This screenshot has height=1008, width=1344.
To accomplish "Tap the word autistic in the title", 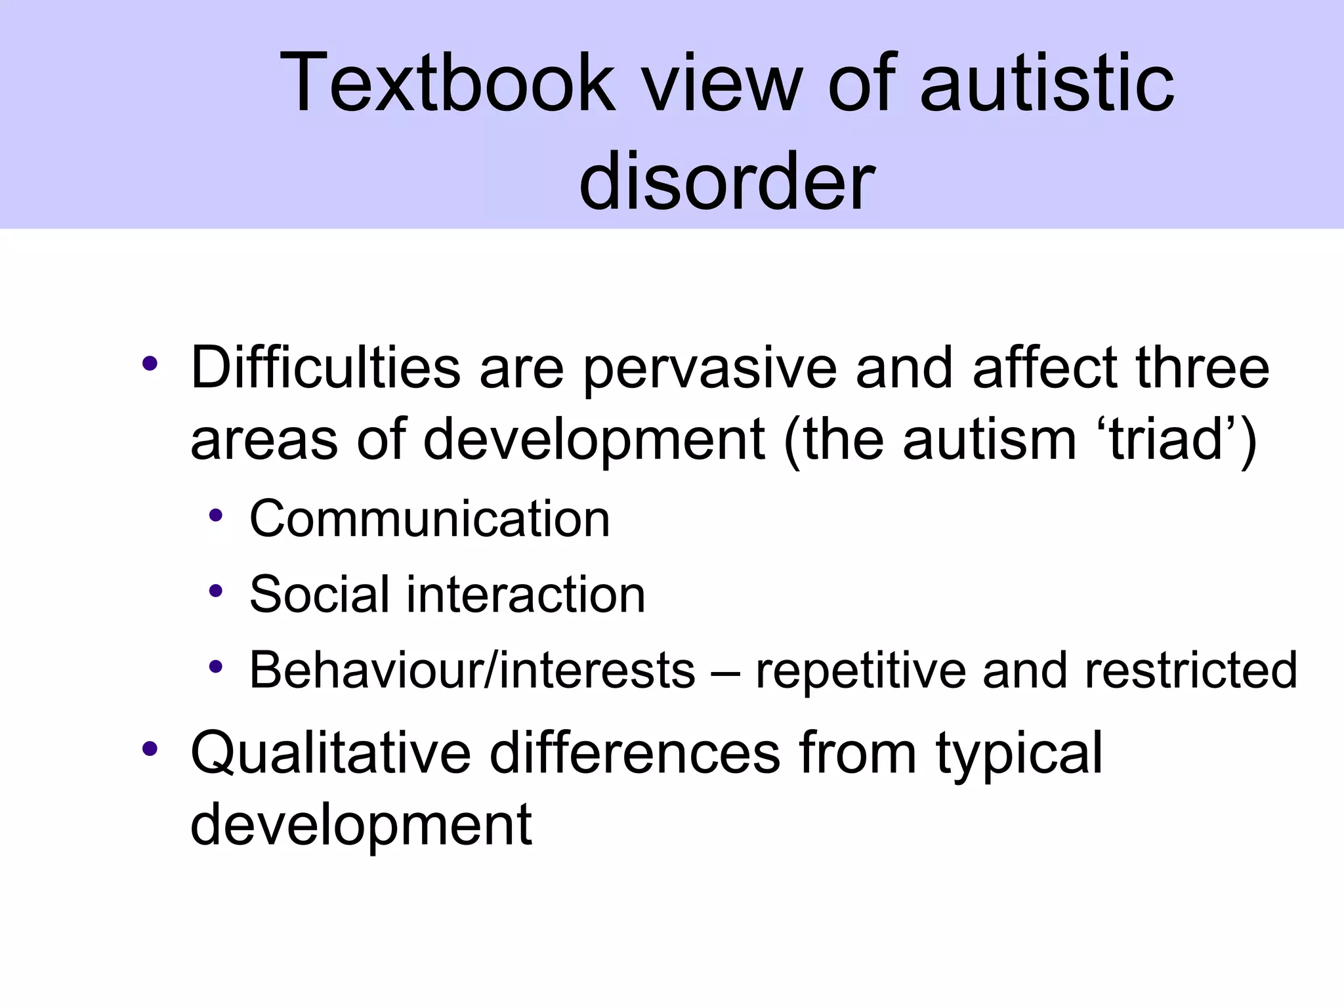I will [1047, 83].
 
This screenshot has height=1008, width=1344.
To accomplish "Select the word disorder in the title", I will [727, 180].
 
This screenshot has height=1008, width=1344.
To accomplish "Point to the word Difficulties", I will [325, 367].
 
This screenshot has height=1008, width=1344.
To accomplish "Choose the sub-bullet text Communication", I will [430, 518].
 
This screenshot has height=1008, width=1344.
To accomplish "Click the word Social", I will [320, 595].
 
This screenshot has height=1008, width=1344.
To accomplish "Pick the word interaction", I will [526, 595].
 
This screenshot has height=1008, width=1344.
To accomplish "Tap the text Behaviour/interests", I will [472, 670].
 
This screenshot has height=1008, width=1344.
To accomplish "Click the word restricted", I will [1190, 670].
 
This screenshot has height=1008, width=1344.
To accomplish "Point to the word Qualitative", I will [331, 753].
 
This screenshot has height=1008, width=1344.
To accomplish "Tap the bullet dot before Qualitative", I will [150, 747].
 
